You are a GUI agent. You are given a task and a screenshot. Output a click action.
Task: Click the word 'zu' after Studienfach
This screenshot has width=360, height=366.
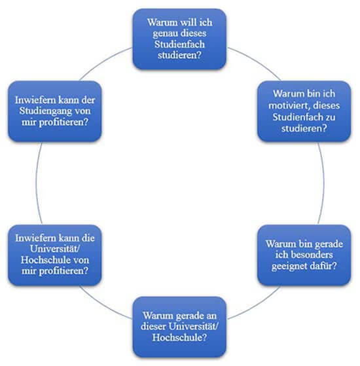pyautogui.click(x=331, y=117)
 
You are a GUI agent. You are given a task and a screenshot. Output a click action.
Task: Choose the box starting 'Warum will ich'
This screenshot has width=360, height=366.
pyautogui.click(x=179, y=39)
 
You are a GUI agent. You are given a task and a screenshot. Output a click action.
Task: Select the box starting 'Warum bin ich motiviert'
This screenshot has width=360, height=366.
pyautogui.click(x=304, y=111)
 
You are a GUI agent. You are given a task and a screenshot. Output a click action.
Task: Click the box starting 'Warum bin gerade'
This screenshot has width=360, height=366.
pyautogui.click(x=304, y=255)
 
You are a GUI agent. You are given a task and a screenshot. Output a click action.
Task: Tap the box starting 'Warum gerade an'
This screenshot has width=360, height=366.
pyautogui.click(x=179, y=327)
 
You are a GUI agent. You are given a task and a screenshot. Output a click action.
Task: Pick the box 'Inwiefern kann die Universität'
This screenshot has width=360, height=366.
pyautogui.click(x=55, y=255)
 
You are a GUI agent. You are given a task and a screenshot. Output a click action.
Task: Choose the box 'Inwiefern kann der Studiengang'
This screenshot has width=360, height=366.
pyautogui.click(x=55, y=111)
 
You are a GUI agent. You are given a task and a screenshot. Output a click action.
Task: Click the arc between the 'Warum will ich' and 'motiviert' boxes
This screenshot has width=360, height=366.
pyautogui.click(x=256, y=61)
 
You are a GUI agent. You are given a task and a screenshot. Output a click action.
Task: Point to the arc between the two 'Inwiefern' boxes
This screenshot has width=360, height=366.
pyautogui.click(x=36, y=183)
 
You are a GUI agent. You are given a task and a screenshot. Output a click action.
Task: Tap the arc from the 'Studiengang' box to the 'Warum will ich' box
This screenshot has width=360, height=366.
pyautogui.click(x=104, y=61)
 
